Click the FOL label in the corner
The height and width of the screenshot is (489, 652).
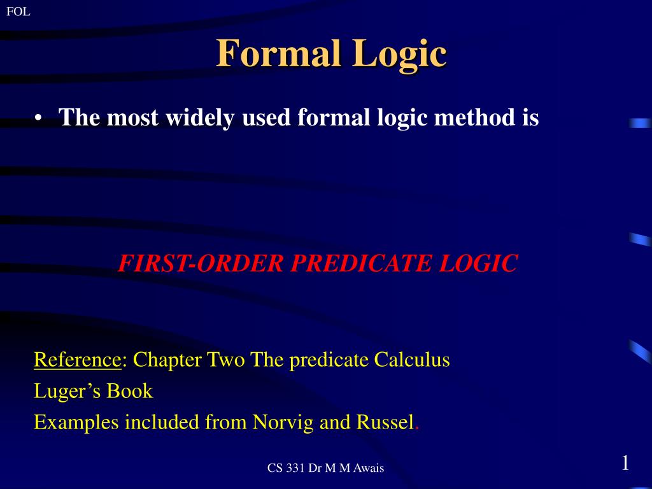[18, 11]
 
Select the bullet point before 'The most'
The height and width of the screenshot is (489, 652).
[38, 118]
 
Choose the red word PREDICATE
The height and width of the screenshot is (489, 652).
[361, 263]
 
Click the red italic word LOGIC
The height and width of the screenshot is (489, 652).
[478, 263]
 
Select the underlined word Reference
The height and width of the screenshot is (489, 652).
[78, 360]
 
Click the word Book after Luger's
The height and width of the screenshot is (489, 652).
[130, 391]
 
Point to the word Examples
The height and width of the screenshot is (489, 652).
[76, 423]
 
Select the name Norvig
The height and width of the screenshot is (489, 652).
[283, 423]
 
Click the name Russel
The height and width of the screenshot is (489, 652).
[385, 422]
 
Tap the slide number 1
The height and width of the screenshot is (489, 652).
[625, 464]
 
